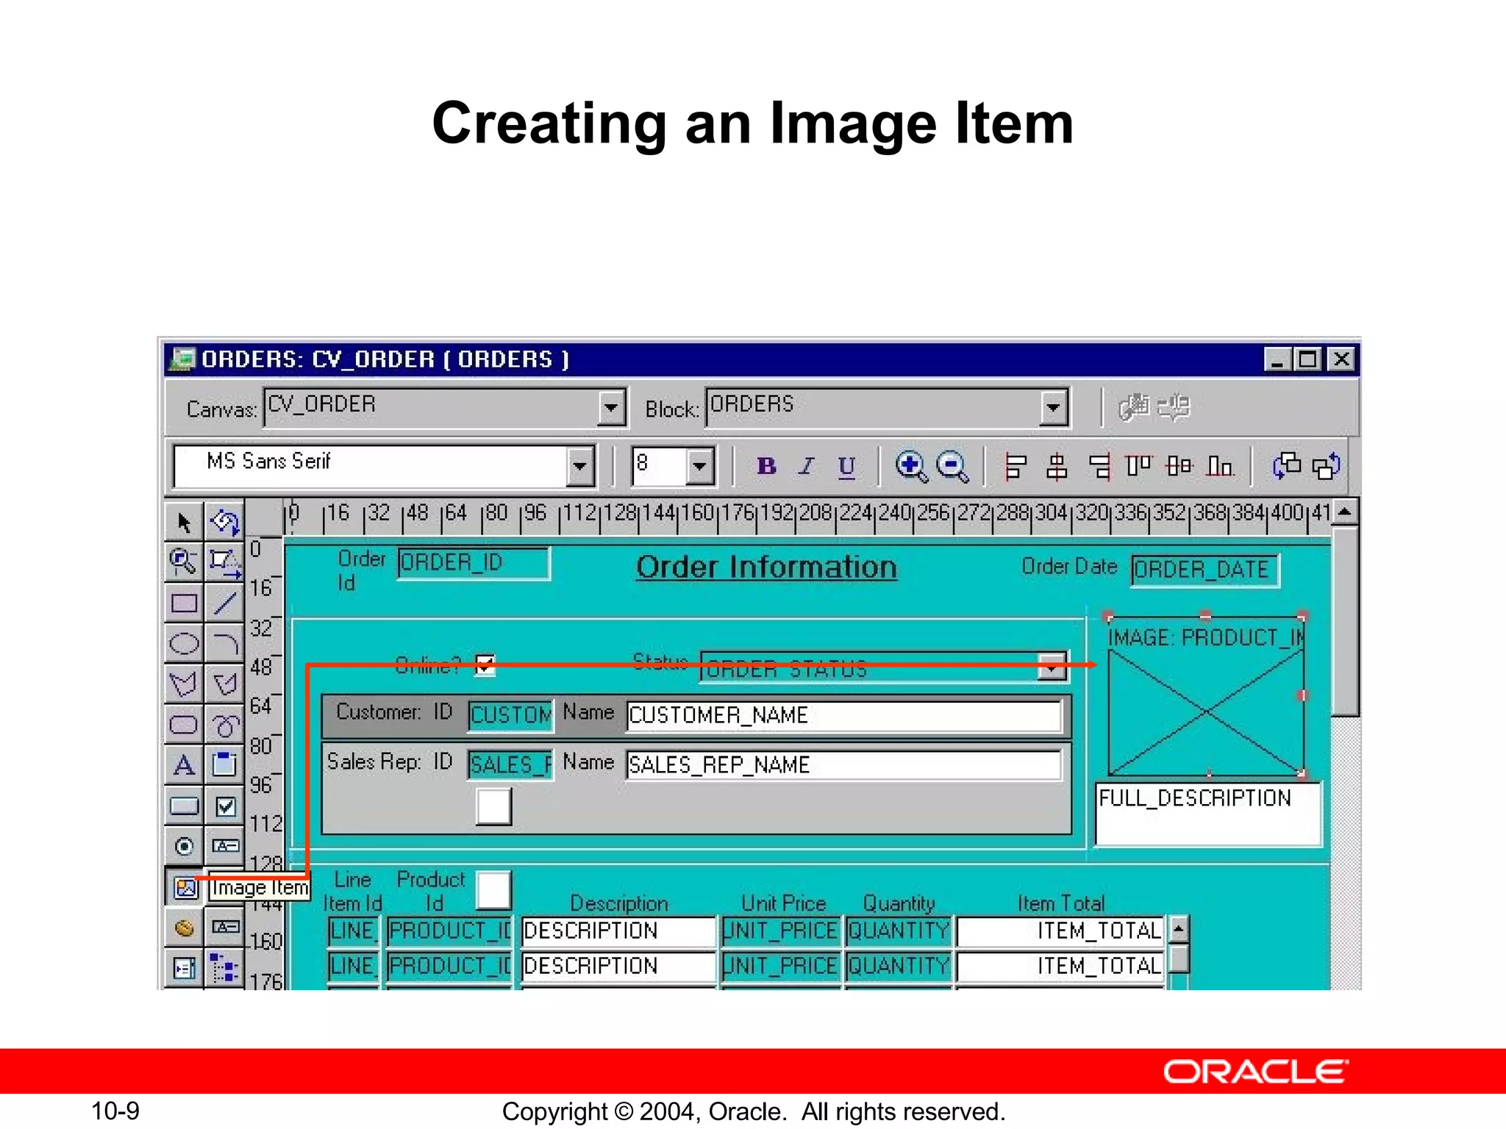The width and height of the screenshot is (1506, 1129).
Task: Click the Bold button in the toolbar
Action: coord(766,466)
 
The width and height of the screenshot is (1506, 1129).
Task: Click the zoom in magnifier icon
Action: coord(910,466)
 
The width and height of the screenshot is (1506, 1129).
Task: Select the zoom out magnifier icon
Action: coord(952,466)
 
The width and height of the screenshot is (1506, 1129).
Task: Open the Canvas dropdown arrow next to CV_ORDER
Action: coord(610,407)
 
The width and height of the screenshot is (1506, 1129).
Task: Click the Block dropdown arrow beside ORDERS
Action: coord(1053,407)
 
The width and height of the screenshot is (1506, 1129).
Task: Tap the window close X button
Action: coord(1341,359)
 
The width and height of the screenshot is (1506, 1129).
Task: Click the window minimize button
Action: coord(1277,359)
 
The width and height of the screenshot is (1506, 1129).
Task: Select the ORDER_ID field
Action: coord(473,564)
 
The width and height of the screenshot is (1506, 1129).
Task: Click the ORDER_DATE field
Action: coord(1205,570)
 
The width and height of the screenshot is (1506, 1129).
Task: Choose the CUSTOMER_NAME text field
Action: coord(843,716)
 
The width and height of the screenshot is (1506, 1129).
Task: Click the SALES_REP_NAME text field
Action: coord(843,765)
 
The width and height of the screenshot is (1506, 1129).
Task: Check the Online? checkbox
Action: coord(485,665)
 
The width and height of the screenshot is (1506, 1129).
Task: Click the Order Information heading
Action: coord(766,567)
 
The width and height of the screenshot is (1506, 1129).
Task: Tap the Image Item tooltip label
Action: coord(259,888)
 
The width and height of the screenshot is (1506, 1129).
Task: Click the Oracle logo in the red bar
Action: coord(1255,1072)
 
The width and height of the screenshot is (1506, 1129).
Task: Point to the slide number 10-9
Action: coord(115,1111)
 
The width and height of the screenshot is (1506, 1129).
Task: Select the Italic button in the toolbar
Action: coord(807,466)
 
